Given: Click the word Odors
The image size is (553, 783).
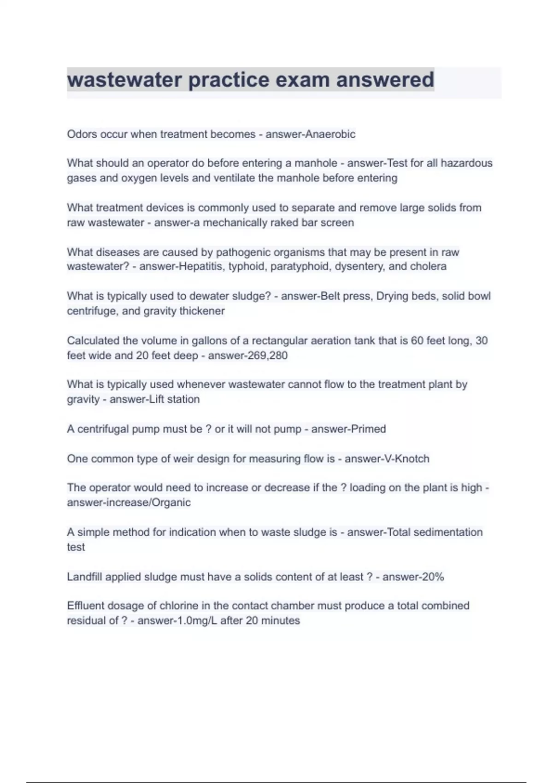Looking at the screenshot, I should (82, 134).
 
